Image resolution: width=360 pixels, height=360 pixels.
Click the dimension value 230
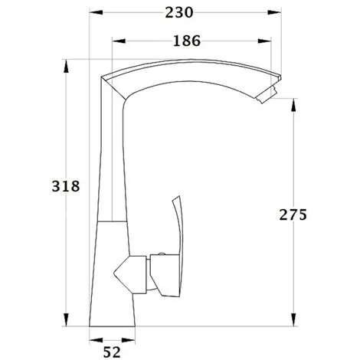[179, 12]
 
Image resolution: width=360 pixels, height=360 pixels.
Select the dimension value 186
[187, 41]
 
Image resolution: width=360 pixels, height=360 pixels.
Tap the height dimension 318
[66, 186]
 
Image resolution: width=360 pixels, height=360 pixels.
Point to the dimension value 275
[293, 214]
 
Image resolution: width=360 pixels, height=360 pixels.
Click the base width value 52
[112, 352]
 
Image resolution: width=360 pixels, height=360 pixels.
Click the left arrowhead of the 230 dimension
[96, 12]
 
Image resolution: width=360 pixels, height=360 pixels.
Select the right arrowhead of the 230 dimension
[274, 12]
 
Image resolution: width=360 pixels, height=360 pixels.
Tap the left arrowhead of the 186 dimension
[119, 41]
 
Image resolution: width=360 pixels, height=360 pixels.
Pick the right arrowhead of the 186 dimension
[264, 41]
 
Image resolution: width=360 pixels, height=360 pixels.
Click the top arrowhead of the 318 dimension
[66, 67]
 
